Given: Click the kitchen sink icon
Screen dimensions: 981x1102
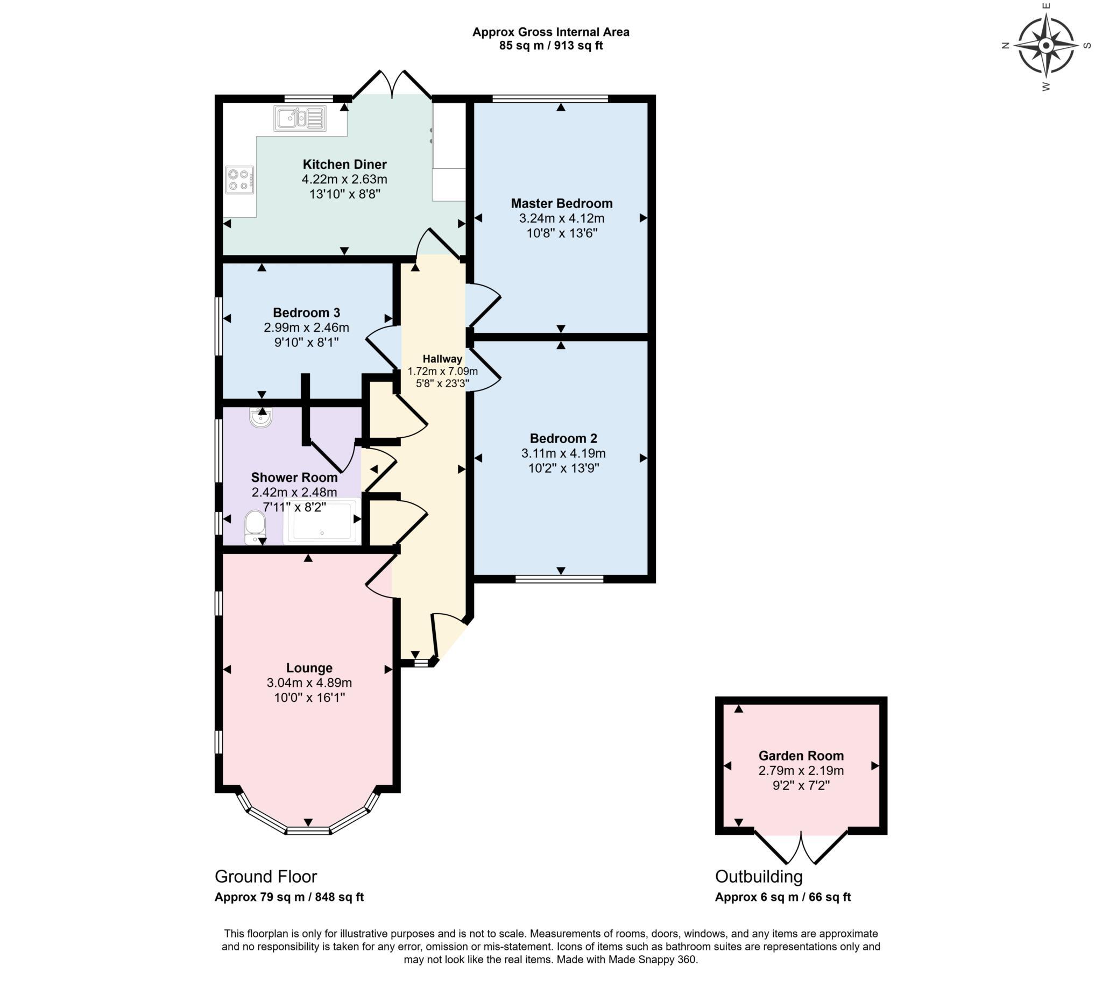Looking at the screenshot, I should tap(300, 118).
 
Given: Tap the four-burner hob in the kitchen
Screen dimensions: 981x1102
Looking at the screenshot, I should tap(239, 180).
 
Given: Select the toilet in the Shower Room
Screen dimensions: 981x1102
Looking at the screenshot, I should tap(255, 526).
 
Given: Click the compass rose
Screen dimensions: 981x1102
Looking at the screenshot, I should tap(1046, 46).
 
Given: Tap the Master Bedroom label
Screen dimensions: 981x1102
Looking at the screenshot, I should tap(561, 203).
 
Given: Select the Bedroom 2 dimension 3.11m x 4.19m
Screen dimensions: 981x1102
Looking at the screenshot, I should tap(563, 453).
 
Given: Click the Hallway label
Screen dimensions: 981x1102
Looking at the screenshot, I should tap(442, 359).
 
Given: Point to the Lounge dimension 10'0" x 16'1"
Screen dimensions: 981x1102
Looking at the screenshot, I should tap(309, 698).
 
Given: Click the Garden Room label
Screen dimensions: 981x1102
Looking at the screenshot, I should tap(801, 756).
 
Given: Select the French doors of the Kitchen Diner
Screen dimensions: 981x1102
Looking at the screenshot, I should tap(392, 83).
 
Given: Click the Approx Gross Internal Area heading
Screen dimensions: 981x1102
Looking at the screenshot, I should tap(550, 32).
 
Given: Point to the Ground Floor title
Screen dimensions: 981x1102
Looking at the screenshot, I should tap(266, 877).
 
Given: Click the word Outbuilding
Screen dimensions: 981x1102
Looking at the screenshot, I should tap(759, 877).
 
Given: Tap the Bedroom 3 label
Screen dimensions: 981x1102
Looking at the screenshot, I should tap(306, 312).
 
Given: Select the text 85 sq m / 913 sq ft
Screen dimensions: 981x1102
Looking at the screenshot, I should tap(550, 46).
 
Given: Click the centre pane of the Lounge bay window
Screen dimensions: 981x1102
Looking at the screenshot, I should tap(308, 830).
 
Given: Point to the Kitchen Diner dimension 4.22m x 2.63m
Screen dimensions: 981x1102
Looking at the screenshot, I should tap(344, 179).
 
